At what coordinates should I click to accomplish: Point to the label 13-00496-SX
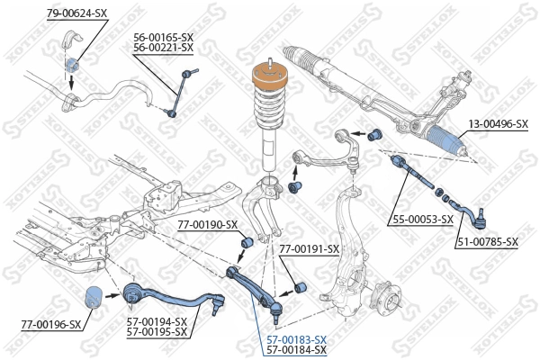[496, 123]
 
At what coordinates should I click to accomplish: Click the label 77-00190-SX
[207, 224]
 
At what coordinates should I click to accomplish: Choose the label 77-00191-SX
[309, 248]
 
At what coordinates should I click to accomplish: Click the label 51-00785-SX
[487, 241]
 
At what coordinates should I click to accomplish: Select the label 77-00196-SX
[50, 323]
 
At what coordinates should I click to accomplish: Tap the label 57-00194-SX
[157, 321]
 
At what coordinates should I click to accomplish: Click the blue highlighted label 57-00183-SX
[296, 339]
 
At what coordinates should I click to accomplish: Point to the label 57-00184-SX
[296, 349]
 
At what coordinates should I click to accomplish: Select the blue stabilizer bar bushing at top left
[74, 65]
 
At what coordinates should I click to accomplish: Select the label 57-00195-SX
[157, 331]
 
